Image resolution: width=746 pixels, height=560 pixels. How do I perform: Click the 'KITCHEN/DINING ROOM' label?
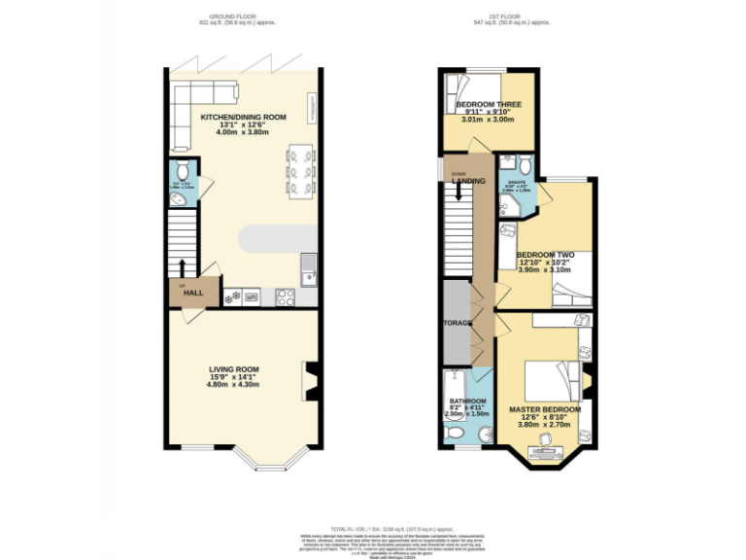pyautogui.click(x=243, y=117)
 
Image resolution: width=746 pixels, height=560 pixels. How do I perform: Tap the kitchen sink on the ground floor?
pyautogui.click(x=309, y=267)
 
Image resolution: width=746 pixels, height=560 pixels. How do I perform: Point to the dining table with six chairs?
pyautogui.click(x=300, y=170)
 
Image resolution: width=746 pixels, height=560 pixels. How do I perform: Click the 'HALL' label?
pyautogui.click(x=193, y=293)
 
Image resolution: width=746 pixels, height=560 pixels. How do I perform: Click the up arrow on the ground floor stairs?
pyautogui.click(x=182, y=265)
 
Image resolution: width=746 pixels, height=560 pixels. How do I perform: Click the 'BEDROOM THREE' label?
pyautogui.click(x=489, y=105)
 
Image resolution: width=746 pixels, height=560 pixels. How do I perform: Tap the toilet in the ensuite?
pyautogui.click(x=524, y=163)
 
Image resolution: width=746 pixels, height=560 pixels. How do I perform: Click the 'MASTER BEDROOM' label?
pyautogui.click(x=545, y=410)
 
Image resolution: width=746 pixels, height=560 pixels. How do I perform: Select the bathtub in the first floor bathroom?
pyautogui.click(x=454, y=386)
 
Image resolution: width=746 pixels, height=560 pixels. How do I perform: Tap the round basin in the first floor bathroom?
pyautogui.click(x=485, y=434)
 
